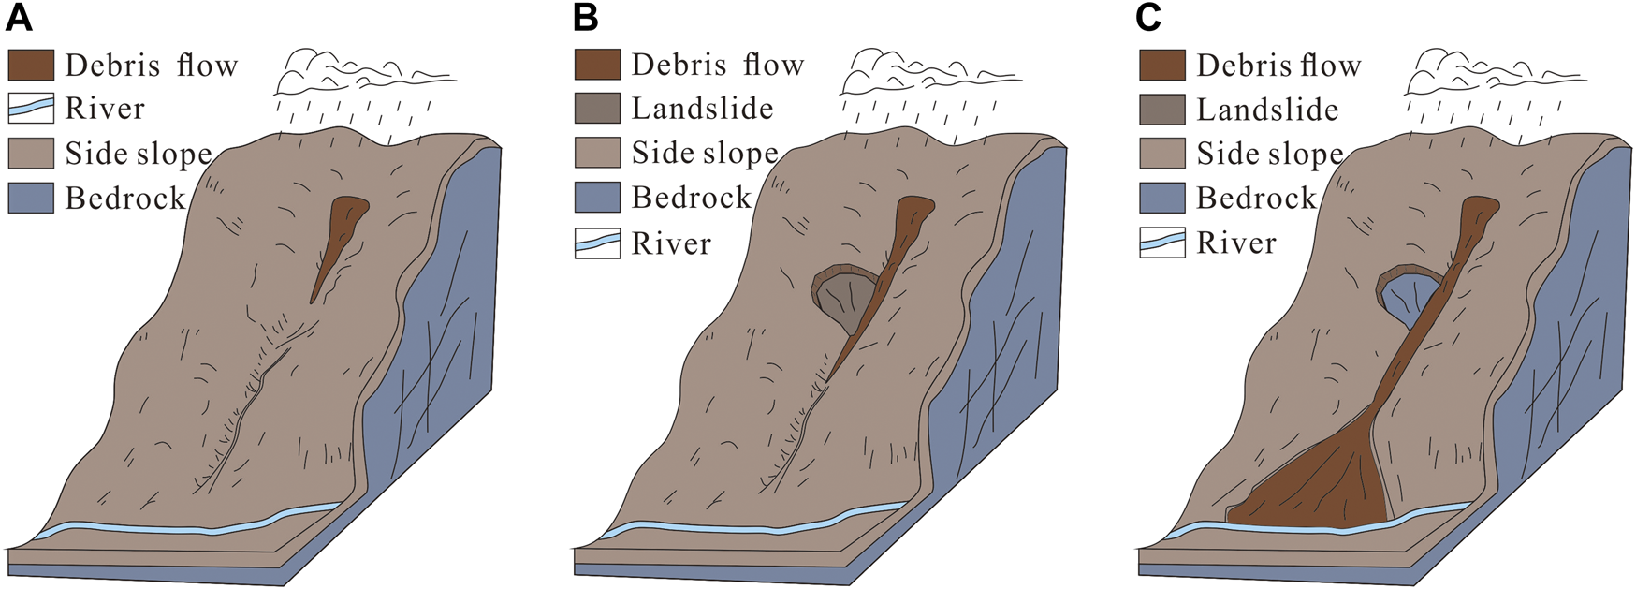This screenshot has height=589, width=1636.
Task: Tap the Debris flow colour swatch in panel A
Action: pos(31,65)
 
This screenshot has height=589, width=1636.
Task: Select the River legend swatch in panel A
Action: pos(31,109)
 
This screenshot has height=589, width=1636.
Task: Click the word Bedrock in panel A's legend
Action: pos(125,198)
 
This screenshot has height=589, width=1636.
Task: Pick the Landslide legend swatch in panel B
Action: pos(597,109)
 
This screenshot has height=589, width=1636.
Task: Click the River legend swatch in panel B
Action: pos(597,243)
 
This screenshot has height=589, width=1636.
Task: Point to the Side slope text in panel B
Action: pos(705,153)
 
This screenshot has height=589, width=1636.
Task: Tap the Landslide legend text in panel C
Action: pos(1267,110)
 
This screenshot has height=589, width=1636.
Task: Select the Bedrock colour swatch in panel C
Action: pos(1162,198)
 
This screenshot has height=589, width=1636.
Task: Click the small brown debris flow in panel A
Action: pos(341,234)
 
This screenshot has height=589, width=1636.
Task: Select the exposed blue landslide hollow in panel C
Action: pos(1404,298)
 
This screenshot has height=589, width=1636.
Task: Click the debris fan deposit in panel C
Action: pos(1320,482)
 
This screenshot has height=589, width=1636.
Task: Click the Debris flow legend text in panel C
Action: pos(1278,66)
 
